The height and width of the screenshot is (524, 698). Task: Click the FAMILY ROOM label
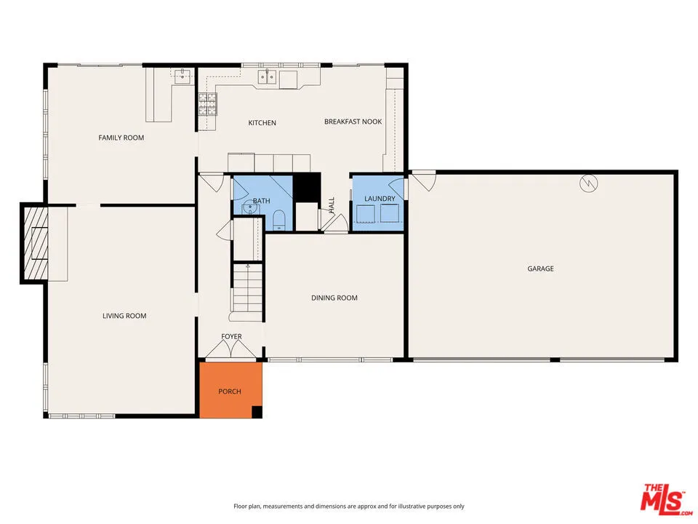click(x=121, y=138)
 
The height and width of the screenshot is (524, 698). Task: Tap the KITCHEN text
click(x=262, y=123)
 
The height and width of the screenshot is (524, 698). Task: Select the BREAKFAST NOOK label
click(x=353, y=122)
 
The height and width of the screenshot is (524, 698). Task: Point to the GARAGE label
click(x=540, y=269)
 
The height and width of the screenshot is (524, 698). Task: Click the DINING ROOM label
click(x=334, y=298)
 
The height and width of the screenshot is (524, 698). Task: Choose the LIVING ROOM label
click(x=124, y=316)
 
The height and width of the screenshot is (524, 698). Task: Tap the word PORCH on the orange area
click(x=230, y=392)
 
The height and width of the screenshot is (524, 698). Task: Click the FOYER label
click(x=231, y=336)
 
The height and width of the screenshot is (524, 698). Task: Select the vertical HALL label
click(x=332, y=205)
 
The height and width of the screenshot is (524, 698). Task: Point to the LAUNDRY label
click(x=380, y=199)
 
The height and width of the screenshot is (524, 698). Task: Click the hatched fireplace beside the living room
click(x=33, y=244)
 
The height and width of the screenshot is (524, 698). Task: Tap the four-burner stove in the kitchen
click(x=207, y=106)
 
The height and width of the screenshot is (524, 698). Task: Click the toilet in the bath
click(x=278, y=219)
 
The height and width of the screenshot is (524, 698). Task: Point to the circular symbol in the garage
click(x=590, y=183)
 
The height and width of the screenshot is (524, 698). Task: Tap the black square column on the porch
click(x=257, y=413)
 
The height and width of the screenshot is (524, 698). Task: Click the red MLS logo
click(x=663, y=499)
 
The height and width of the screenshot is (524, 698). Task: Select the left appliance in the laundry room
click(x=366, y=213)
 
